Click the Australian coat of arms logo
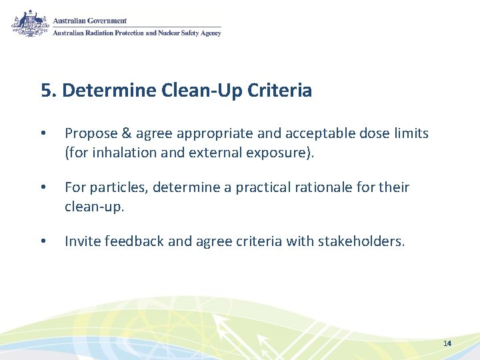click(x=30, y=24)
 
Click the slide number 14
click(x=447, y=343)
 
